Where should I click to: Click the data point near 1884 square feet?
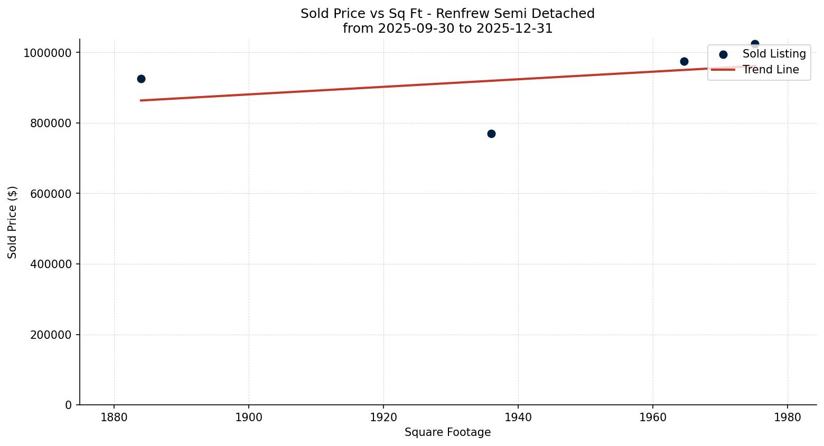[141, 79]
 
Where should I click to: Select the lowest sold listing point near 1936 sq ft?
[491, 134]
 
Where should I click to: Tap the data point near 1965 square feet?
[684, 61]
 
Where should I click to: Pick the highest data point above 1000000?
[755, 44]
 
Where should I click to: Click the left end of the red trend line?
[141, 100]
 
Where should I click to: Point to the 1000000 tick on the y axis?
[47, 53]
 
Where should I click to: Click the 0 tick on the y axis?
[68, 405]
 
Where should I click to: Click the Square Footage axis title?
[447, 433]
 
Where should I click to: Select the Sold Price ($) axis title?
[13, 222]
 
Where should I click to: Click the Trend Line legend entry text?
[771, 70]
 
